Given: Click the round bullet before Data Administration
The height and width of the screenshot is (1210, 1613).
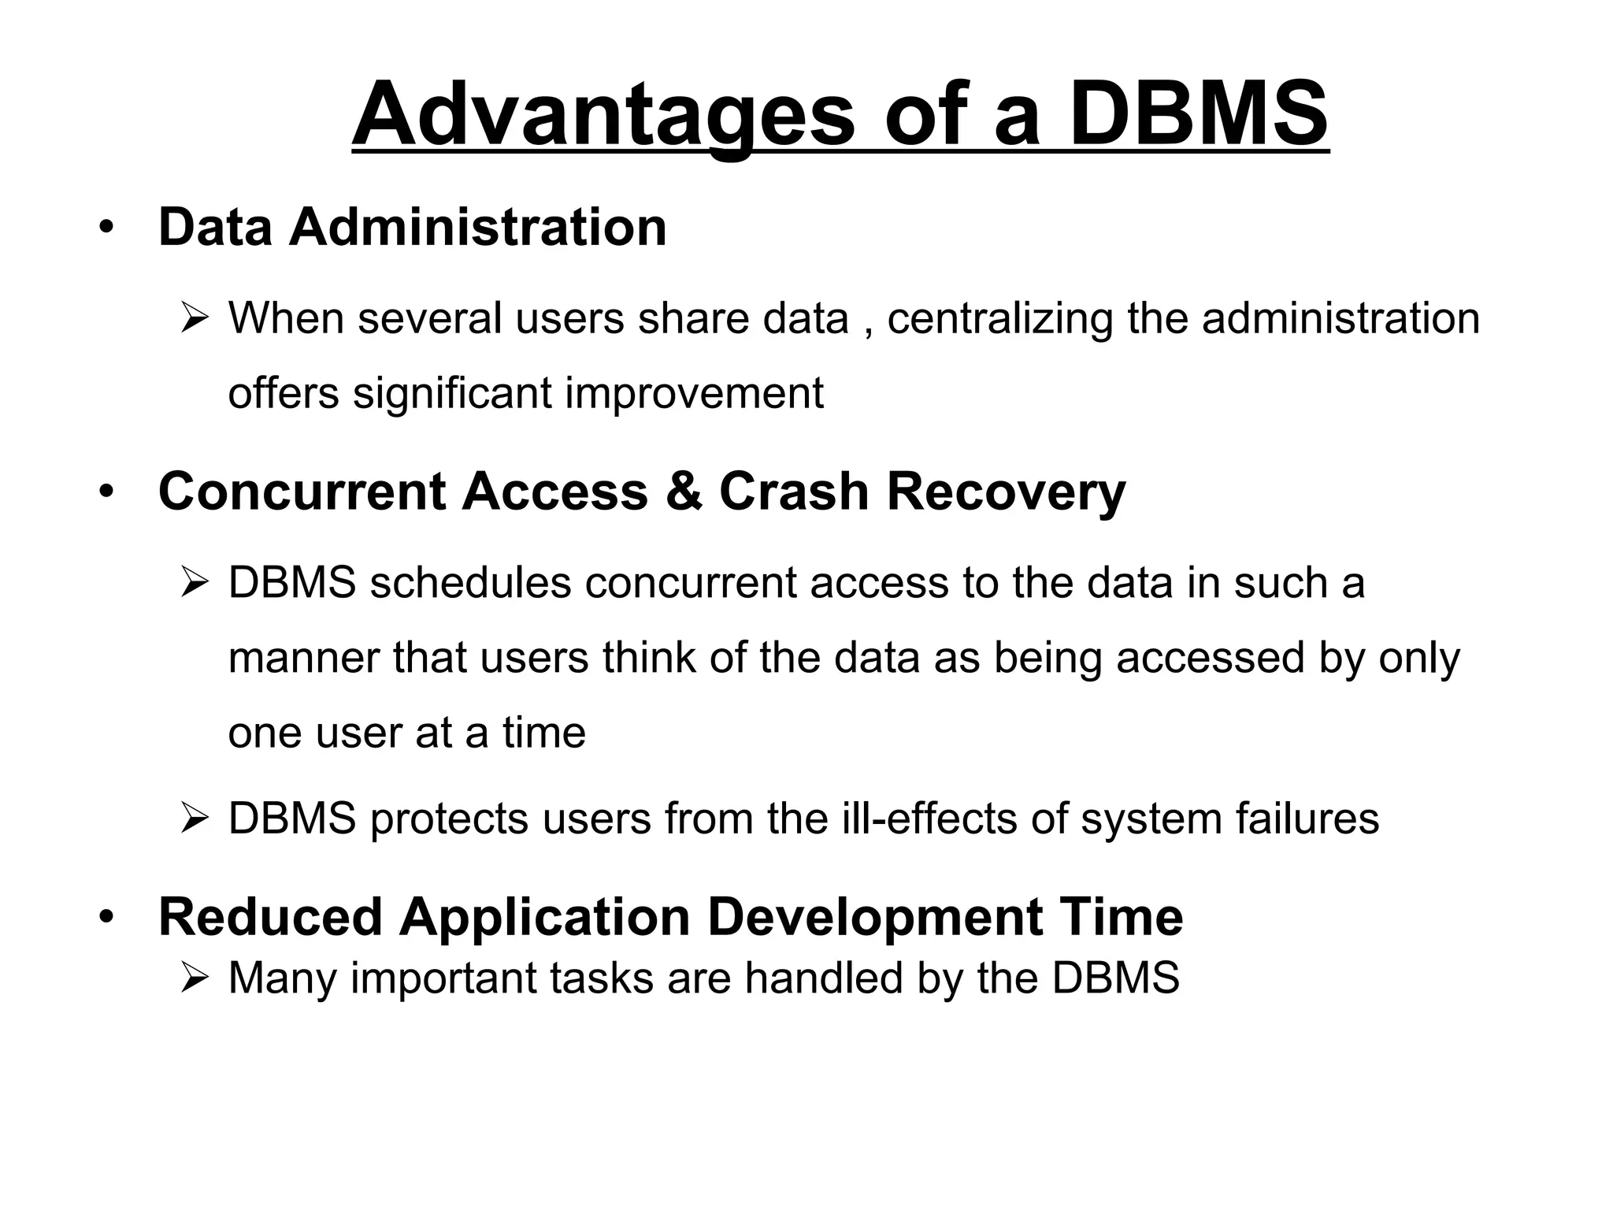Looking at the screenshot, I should (x=106, y=228).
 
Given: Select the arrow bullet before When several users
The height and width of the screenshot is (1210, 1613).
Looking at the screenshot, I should (x=193, y=320).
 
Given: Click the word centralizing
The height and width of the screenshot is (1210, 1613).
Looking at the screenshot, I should (x=1000, y=318).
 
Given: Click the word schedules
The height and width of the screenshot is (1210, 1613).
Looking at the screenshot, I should (x=470, y=583).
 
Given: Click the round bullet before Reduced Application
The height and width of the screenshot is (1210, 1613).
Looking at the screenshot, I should (x=106, y=918).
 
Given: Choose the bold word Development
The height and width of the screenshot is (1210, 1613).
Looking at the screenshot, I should (x=875, y=918).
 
